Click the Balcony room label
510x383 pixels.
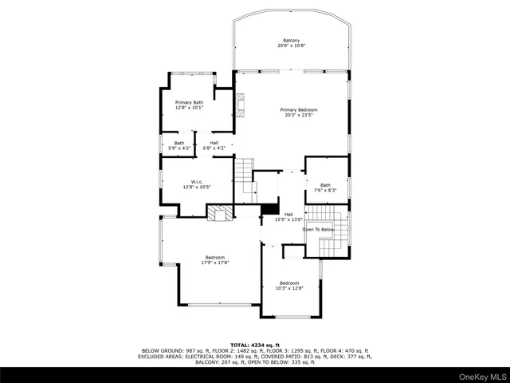[291, 41]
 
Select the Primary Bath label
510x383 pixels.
[190, 102]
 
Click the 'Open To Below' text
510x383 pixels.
[317, 230]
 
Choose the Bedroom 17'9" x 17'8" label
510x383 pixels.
[215, 257]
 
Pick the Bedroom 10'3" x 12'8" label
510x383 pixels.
[288, 283]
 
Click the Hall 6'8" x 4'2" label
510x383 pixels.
[214, 144]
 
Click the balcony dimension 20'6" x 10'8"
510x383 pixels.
[291, 46]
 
